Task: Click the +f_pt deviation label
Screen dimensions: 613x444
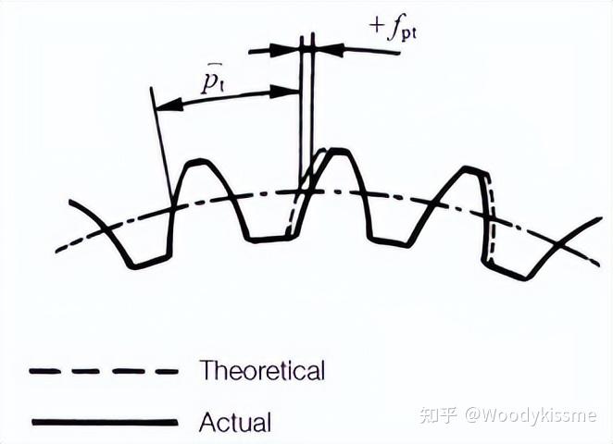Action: click(393, 29)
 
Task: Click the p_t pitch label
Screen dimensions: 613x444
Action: click(212, 80)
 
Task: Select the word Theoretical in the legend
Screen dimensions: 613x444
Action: click(262, 370)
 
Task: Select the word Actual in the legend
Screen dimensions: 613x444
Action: click(235, 422)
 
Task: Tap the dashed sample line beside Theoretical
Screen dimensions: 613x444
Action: click(104, 371)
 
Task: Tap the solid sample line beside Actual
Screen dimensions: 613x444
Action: click(105, 422)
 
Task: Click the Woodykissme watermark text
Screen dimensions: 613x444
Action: click(530, 415)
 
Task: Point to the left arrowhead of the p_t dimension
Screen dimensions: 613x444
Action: click(169, 105)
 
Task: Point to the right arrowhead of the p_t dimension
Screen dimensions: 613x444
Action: click(284, 92)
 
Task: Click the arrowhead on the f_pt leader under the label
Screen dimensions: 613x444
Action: click(332, 49)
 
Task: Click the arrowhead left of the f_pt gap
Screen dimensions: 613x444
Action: click(284, 50)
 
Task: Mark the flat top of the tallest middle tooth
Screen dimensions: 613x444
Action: click(337, 151)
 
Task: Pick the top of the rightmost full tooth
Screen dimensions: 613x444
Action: click(475, 170)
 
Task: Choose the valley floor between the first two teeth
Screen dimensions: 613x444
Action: click(268, 239)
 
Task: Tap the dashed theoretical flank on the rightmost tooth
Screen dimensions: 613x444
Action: click(492, 218)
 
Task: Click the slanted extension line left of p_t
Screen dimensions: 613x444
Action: click(161, 147)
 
